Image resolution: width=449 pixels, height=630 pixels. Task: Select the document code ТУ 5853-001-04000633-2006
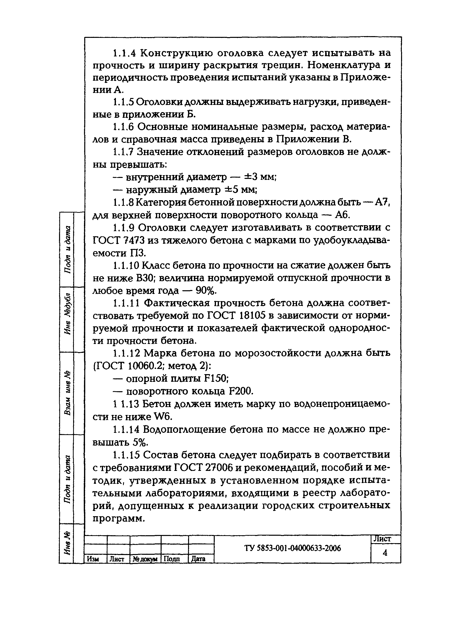[x=293, y=548]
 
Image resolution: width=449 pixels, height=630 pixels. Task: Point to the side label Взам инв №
[x=67, y=393]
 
